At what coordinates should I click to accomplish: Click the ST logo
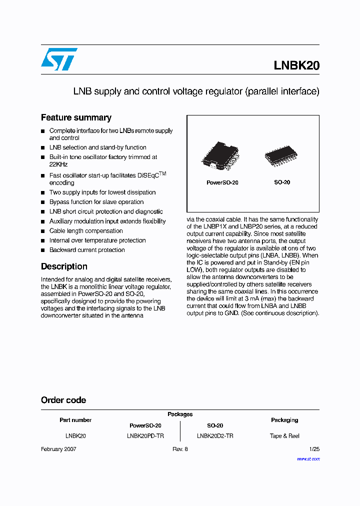pos(59,59)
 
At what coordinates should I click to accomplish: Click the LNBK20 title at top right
pos(296,65)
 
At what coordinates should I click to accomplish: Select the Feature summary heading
pos(76,117)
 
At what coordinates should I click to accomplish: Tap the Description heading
pos(64,266)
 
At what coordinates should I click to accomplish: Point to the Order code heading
pos(63,400)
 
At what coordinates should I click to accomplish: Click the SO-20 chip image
pos(282,156)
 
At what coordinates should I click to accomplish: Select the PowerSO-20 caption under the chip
pos(222,182)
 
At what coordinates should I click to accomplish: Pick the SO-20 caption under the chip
pos(282,182)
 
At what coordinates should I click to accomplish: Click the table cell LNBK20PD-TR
pos(145,436)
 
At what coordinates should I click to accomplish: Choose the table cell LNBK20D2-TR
pos(215,436)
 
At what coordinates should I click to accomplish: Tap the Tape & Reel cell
pos(284,436)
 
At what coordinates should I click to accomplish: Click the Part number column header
pos(75,420)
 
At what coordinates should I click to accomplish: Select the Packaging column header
pos(284,420)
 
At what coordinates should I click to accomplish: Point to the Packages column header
pos(180,414)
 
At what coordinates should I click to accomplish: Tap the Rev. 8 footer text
pos(180,449)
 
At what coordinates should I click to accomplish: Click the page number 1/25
pos(314,449)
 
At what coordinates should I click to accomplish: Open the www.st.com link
pos(308,458)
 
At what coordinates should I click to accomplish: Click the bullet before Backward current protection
pos(43,250)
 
